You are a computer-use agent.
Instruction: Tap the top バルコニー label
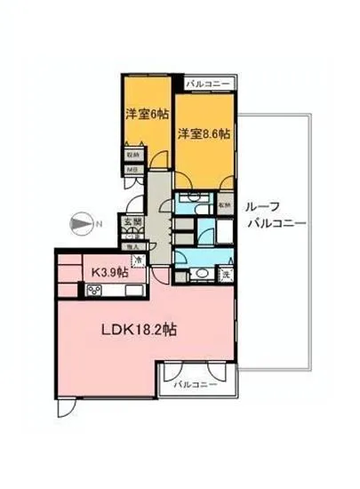[x=209, y=84]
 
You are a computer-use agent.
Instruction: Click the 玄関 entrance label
[x=132, y=222]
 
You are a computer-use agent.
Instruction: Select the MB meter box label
[x=132, y=168]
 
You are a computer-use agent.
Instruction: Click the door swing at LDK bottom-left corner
[x=66, y=408]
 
